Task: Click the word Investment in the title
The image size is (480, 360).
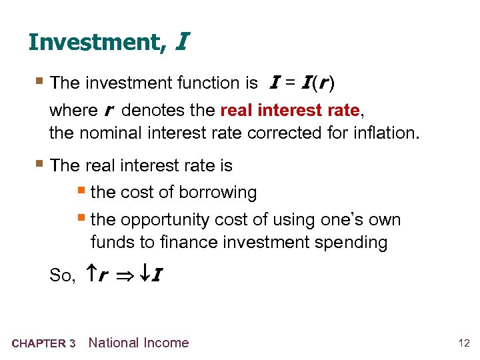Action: click(93, 42)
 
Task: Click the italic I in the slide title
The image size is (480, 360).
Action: click(181, 42)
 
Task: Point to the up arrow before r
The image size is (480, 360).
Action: click(93, 273)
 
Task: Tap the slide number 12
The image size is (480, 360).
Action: click(463, 343)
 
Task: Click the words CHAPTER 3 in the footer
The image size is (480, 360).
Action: click(43, 344)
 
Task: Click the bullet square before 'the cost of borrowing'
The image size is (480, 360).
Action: click(83, 192)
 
